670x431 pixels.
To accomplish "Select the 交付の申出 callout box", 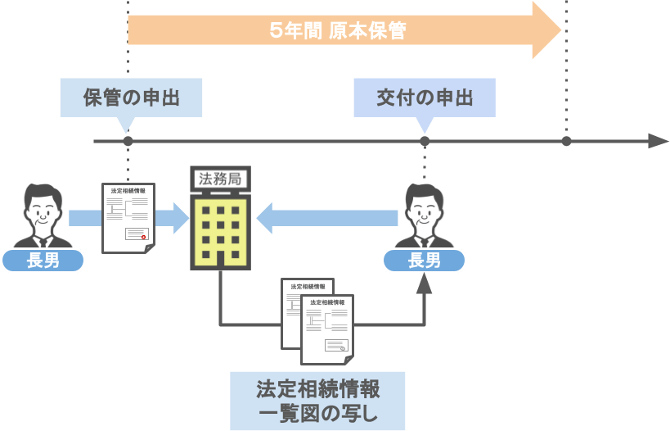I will [424, 98].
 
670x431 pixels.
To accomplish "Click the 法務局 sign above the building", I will [219, 179].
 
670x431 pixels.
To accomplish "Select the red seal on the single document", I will [143, 237].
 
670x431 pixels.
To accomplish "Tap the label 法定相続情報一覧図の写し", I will [317, 401].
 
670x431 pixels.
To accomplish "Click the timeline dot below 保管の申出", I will [127, 142].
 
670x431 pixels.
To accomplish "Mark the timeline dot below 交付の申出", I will [425, 142].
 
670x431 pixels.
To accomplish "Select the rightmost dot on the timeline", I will [566, 142].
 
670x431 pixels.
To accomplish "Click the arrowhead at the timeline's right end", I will [659, 141].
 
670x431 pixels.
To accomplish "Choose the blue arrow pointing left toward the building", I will [327, 218].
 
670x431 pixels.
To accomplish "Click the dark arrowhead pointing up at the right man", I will [424, 284].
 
